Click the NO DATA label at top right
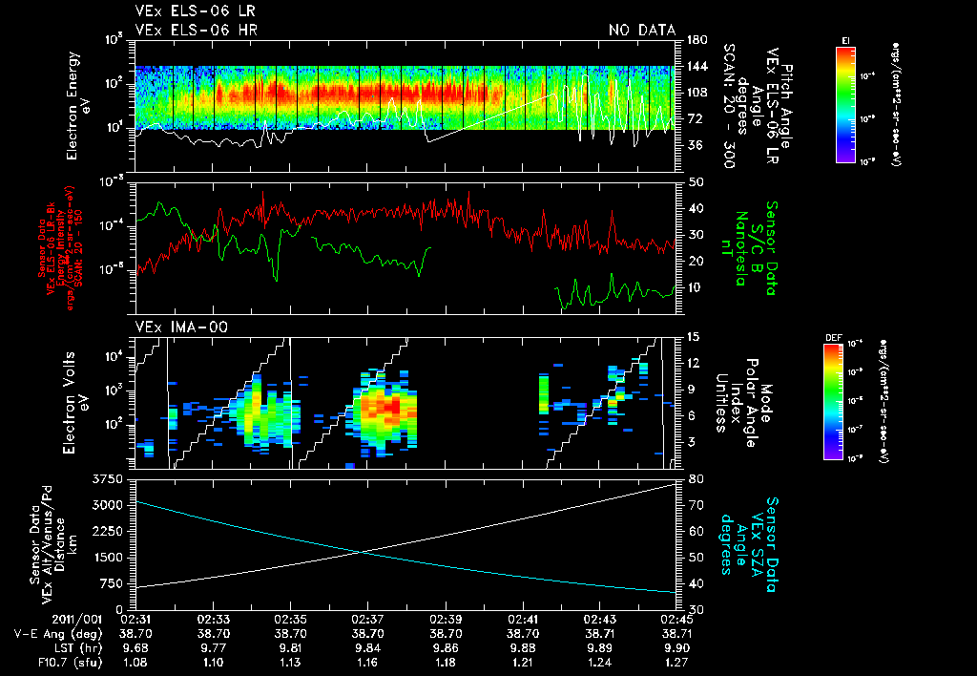coord(641,30)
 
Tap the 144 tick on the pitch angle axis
coord(696,67)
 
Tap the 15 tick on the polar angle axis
coord(694,336)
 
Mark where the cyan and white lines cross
coord(362,551)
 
